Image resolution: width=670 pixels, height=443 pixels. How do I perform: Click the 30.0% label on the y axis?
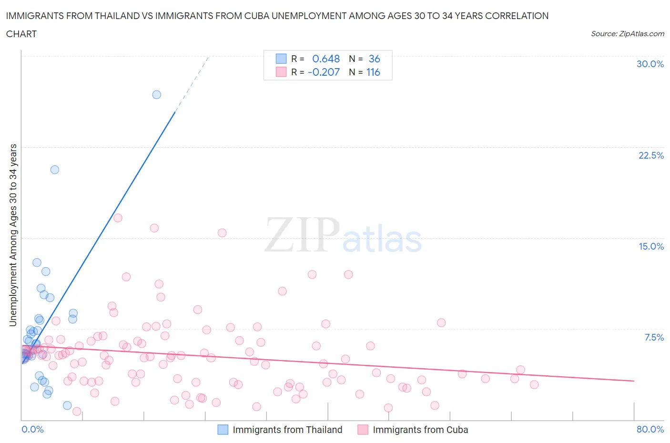(x=650, y=64)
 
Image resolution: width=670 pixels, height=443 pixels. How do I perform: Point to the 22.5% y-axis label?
(x=651, y=155)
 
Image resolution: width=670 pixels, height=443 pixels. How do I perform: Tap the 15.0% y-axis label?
(x=651, y=246)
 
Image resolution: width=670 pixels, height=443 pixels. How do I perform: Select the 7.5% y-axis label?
(x=654, y=337)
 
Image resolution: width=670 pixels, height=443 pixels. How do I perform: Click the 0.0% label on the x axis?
(x=32, y=429)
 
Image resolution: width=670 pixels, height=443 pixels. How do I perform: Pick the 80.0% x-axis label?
(x=650, y=429)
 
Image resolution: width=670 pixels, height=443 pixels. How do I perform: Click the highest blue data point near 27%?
(x=156, y=95)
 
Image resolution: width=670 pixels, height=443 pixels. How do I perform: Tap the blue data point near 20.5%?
(x=55, y=170)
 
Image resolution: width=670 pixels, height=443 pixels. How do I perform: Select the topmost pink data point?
(x=118, y=218)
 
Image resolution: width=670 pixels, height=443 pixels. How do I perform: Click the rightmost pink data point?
(x=534, y=384)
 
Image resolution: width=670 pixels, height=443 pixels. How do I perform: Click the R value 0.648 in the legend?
(x=326, y=59)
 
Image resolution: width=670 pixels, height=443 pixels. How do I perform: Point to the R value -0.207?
(x=324, y=72)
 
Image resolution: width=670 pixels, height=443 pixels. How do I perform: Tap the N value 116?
(x=373, y=72)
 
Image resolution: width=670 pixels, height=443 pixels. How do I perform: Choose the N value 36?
(x=374, y=59)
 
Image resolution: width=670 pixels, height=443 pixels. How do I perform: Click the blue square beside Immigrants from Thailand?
(x=223, y=430)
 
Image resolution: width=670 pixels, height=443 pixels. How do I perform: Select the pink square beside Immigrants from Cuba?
(x=363, y=430)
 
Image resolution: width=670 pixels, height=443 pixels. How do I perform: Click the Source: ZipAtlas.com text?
(x=627, y=34)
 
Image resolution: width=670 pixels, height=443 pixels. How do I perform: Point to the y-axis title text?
(x=13, y=235)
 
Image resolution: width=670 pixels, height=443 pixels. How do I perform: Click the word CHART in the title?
(x=21, y=34)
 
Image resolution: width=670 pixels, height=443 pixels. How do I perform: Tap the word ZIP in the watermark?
(x=302, y=235)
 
